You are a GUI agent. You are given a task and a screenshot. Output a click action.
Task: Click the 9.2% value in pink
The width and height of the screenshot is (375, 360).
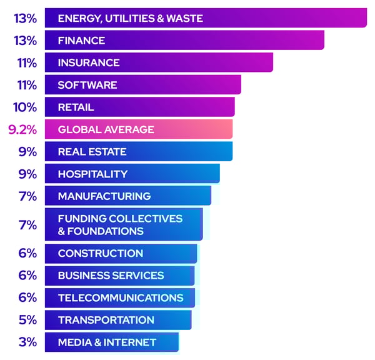22,130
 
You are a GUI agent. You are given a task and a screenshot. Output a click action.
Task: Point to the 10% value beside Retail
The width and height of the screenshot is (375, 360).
25,107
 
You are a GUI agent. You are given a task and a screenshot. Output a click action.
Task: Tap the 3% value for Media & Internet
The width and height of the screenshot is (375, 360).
27,342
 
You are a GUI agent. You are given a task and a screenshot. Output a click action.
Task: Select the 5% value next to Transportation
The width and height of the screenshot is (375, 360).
27,320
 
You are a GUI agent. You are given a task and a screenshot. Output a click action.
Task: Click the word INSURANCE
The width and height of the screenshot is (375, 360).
89,63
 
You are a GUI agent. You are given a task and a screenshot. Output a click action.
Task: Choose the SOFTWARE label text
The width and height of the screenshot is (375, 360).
87,85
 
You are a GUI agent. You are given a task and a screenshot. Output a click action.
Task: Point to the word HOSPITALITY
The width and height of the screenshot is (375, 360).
92,174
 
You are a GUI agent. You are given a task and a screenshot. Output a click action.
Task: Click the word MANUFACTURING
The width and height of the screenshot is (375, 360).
104,196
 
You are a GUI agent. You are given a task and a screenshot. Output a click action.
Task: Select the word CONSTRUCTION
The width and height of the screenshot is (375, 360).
101,253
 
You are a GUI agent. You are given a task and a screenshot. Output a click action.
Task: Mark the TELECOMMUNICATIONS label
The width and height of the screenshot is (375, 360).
121,297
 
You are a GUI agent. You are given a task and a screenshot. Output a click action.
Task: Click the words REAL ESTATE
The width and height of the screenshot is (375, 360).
92,152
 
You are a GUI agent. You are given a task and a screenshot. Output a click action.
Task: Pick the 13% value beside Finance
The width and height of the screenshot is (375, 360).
25,41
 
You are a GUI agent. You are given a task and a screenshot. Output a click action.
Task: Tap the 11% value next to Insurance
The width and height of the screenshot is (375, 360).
26,63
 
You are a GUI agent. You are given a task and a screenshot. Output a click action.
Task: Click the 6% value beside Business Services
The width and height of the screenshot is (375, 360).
27,276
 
